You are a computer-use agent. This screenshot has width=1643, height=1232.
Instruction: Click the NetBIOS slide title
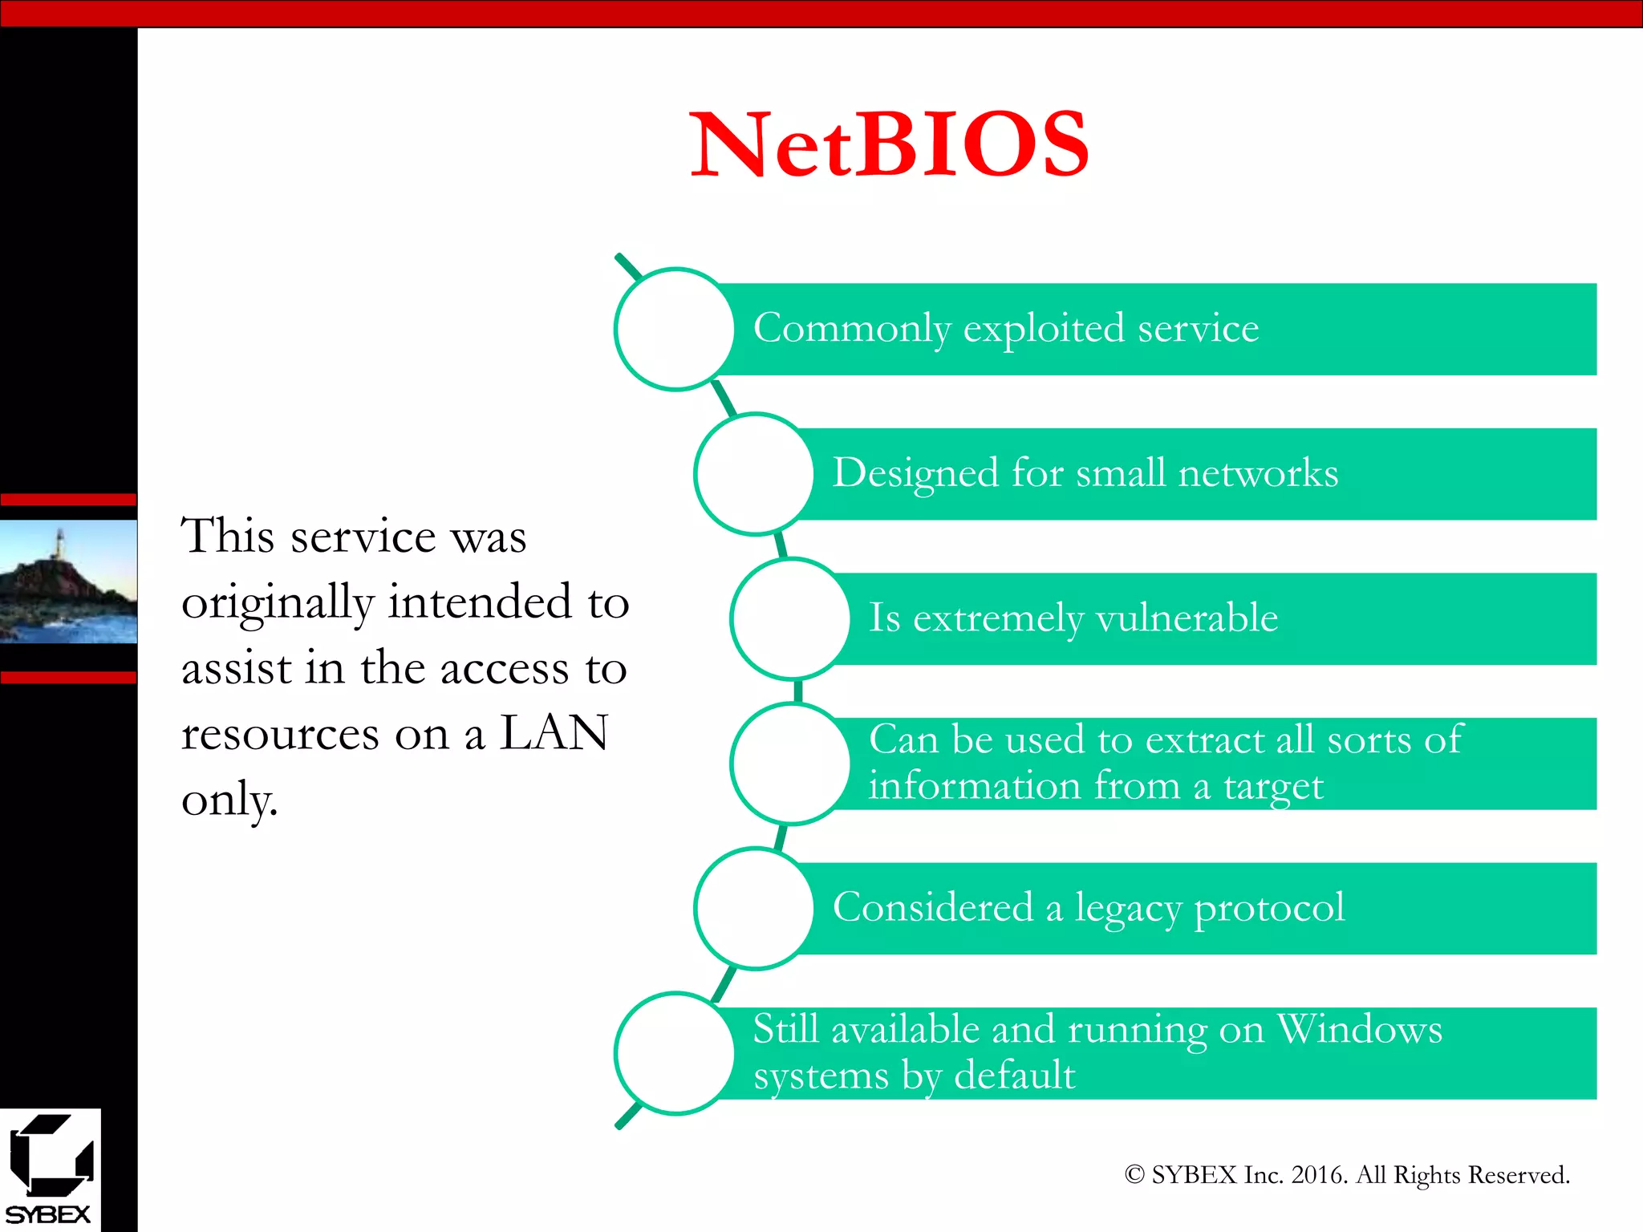pos(889,145)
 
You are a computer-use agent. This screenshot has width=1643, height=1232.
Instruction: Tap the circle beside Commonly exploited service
pos(675,329)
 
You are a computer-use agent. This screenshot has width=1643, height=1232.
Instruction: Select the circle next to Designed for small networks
pos(754,474)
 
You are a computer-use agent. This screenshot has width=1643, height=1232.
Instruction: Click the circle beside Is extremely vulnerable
pos(791,618)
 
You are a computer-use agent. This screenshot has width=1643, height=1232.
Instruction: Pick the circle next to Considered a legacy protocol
pos(754,908)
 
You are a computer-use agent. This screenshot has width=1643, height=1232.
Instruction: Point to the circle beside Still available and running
pos(675,1053)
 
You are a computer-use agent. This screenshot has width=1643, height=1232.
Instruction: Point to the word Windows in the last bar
pos(1359,1029)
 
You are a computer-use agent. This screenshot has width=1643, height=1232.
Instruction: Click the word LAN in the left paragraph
pos(554,733)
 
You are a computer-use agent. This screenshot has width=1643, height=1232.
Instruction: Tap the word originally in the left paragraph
pos(278,603)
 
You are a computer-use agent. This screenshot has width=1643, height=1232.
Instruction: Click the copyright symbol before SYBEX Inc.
pos(1134,1175)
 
